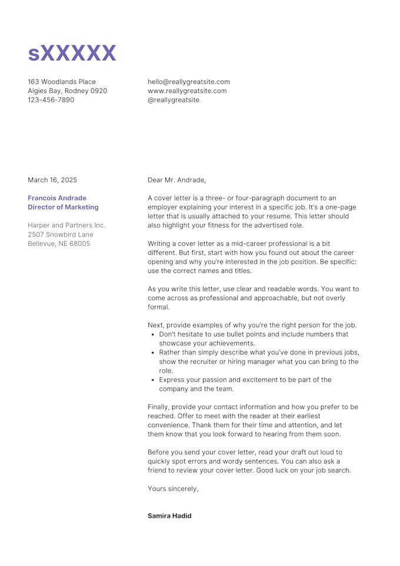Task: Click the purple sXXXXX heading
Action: [x=72, y=54]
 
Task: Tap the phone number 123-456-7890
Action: [x=51, y=100]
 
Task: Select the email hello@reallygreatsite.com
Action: [x=189, y=82]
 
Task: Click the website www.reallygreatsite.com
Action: [x=187, y=91]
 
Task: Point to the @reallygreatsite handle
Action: [x=174, y=100]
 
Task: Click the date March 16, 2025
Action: [x=52, y=180]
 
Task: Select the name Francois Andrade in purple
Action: [x=57, y=198]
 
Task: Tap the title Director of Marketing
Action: [x=63, y=207]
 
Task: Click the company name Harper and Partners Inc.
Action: [x=66, y=225]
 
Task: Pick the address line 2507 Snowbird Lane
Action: [x=61, y=234]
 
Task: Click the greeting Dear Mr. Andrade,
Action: [x=177, y=180]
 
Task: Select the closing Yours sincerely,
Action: [x=173, y=488]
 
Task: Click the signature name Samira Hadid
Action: [x=169, y=516]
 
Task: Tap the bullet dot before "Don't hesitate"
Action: [x=153, y=335]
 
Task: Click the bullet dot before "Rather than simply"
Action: [x=153, y=353]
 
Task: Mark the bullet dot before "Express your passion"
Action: [x=153, y=380]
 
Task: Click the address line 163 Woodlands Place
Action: [x=62, y=82]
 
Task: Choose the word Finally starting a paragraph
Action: [x=161, y=407]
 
